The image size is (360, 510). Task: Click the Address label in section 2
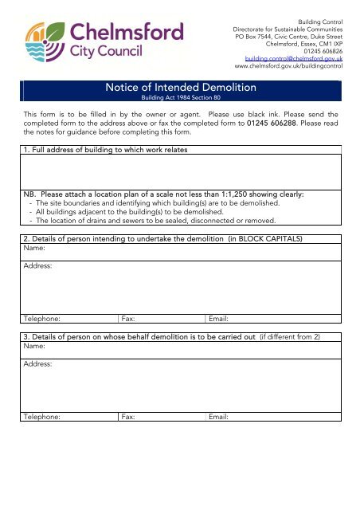pyautogui.click(x=37, y=266)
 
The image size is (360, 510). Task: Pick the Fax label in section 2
pyautogui.click(x=127, y=318)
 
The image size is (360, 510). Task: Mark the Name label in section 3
pyautogui.click(x=33, y=347)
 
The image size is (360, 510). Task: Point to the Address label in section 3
pyautogui.click(x=37, y=364)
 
